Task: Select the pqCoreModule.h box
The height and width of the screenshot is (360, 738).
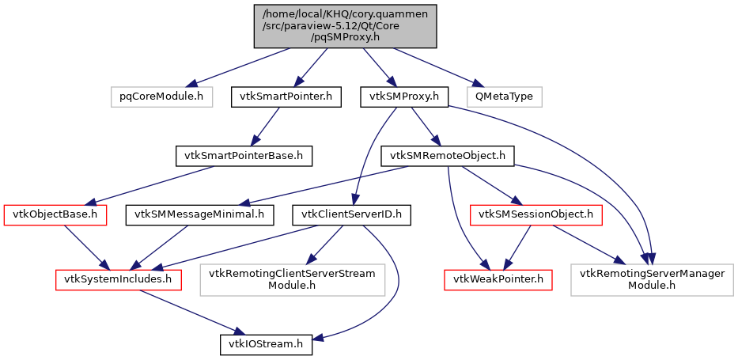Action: click(157, 97)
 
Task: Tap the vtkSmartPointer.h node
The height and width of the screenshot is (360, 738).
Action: click(286, 97)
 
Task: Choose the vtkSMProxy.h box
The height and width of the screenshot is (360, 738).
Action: click(404, 97)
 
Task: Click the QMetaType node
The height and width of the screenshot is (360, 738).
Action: click(504, 97)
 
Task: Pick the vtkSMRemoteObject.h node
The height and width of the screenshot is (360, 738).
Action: click(448, 156)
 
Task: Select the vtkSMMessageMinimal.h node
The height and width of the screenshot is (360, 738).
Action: click(204, 214)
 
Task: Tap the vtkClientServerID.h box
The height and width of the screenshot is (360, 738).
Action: click(351, 214)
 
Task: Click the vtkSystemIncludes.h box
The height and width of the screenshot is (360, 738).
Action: click(119, 279)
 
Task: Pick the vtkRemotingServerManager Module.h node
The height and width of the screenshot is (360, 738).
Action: click(652, 279)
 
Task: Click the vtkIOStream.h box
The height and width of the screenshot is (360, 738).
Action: click(266, 344)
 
